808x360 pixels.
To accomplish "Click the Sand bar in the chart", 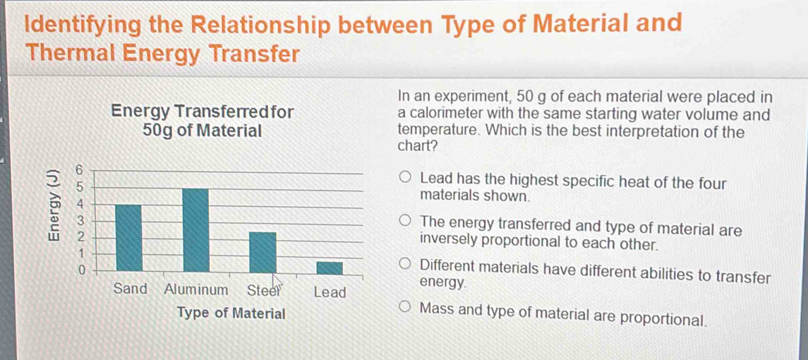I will [x=128, y=237].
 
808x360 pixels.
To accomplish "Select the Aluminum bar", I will [x=195, y=229].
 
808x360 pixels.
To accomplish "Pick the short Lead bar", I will [x=329, y=268].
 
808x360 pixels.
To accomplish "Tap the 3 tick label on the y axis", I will [x=80, y=220].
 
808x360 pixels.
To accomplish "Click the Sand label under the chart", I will [x=130, y=289].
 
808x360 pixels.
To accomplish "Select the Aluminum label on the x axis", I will [x=196, y=289].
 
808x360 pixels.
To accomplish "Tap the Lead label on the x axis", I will [x=330, y=292].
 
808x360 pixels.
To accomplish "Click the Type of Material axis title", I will [x=231, y=313].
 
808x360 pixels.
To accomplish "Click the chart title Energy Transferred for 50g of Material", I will [x=203, y=121].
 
